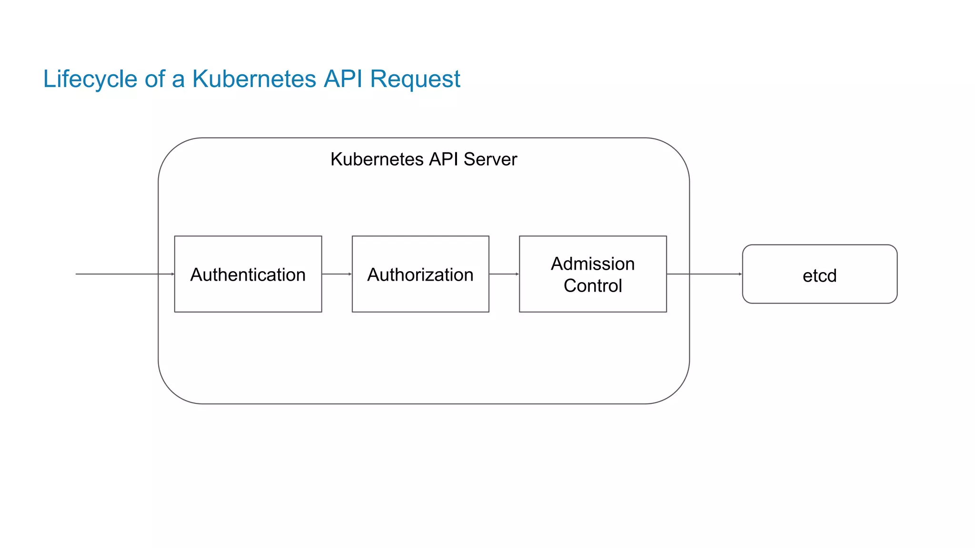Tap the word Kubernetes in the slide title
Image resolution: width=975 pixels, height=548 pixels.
pyautogui.click(x=254, y=79)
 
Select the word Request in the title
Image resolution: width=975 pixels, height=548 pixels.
pyautogui.click(x=415, y=79)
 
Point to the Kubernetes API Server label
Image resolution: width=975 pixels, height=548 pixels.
pyautogui.click(x=423, y=159)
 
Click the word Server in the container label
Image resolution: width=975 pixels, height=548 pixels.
pyautogui.click(x=490, y=159)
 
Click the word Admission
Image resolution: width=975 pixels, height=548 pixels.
pyautogui.click(x=593, y=264)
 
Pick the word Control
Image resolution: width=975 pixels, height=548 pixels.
pyautogui.click(x=593, y=286)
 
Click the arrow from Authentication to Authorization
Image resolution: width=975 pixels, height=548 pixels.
pyautogui.click(x=337, y=274)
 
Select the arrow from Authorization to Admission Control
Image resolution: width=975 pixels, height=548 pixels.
pyautogui.click(x=504, y=274)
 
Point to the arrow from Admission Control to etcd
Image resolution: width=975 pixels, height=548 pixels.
pyautogui.click(x=705, y=274)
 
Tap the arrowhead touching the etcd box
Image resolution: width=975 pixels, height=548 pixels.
pyautogui.click(x=740, y=274)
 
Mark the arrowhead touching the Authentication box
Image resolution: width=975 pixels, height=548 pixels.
pyautogui.click(x=172, y=274)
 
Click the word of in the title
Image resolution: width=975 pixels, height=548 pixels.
pyautogui.click(x=155, y=79)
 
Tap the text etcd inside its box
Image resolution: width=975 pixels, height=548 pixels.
pyautogui.click(x=819, y=276)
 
